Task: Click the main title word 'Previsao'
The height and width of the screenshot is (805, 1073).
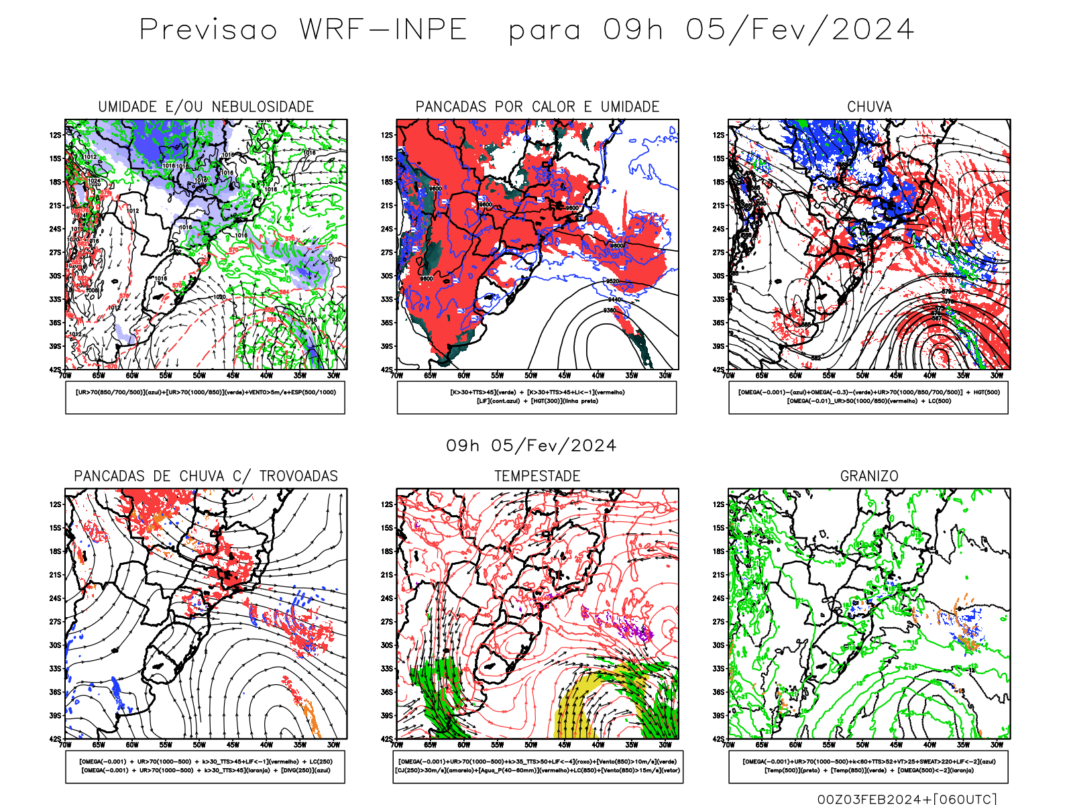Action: (x=208, y=30)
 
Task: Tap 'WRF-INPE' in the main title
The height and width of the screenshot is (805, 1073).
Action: (x=383, y=30)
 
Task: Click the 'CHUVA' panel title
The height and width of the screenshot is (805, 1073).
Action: (x=869, y=107)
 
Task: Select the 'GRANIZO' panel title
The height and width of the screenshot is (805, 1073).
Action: (x=869, y=476)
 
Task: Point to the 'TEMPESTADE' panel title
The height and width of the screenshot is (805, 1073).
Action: (x=537, y=476)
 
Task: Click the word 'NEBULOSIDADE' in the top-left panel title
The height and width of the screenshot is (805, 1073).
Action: (x=263, y=107)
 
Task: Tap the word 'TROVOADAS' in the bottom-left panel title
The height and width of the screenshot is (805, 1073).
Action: (x=298, y=476)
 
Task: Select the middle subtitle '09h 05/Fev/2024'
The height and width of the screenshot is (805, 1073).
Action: (x=531, y=446)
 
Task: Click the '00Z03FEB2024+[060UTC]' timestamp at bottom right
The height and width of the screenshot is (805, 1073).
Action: (x=907, y=799)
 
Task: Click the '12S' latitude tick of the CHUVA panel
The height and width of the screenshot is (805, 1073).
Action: (x=719, y=135)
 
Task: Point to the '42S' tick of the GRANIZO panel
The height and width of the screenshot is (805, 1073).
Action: (x=719, y=739)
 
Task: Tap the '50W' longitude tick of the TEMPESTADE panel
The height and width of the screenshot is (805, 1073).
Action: (x=531, y=745)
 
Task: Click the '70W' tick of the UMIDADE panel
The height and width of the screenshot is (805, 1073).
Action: (x=65, y=376)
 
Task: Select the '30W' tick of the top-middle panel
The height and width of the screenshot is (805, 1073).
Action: (x=665, y=376)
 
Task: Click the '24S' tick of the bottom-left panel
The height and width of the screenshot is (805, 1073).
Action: (x=55, y=598)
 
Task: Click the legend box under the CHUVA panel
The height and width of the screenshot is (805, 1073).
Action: (x=868, y=397)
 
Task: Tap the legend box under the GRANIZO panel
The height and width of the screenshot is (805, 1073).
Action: (x=868, y=766)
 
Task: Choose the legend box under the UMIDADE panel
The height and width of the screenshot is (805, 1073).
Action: (x=205, y=397)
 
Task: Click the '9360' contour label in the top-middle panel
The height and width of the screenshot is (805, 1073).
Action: (x=610, y=310)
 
